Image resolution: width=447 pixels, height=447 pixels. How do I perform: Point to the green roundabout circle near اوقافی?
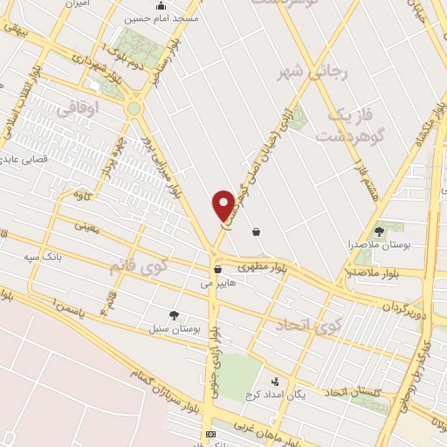(134, 108)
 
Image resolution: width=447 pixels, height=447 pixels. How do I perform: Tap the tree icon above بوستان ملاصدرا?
(379, 230)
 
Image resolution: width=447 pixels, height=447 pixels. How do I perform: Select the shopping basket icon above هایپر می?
(217, 269)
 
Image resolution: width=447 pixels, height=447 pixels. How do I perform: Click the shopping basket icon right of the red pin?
(256, 231)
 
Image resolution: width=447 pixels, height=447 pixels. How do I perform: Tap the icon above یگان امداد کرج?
(275, 382)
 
